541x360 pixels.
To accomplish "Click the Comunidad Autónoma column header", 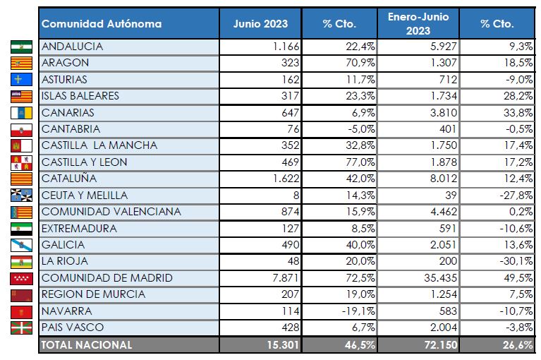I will click(102, 24).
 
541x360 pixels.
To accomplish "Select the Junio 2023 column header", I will click(260, 24).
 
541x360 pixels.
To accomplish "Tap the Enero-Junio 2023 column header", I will click(418, 24).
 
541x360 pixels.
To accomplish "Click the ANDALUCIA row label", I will click(73, 47).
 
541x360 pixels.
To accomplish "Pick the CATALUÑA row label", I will click(69, 179).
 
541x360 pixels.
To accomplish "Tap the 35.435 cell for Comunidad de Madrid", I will click(439, 278).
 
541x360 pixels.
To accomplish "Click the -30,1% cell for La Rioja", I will click(515, 261).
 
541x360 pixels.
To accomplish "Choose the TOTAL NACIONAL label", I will click(87, 344).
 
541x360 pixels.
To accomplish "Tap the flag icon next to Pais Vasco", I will click(22, 328).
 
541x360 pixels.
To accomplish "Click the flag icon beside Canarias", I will click(22, 113).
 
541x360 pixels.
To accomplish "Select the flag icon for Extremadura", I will click(22, 229).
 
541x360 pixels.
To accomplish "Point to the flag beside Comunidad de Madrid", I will click(22, 278).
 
